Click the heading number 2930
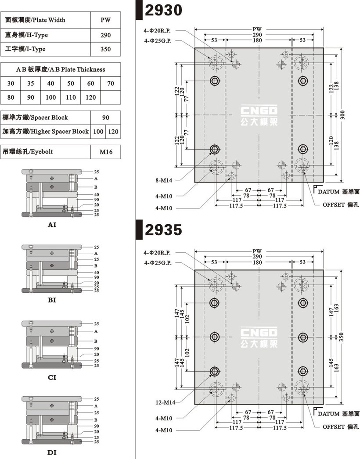(x=163, y=10)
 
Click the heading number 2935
(x=163, y=230)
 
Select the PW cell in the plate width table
(x=105, y=20)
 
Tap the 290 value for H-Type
(x=105, y=35)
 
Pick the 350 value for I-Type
(x=105, y=49)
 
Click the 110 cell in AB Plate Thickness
(x=71, y=97)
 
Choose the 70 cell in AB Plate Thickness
(x=111, y=83)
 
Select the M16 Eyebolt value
(x=106, y=152)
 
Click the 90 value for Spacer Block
(x=105, y=118)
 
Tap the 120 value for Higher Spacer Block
(x=113, y=131)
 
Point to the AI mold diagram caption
(x=52, y=225)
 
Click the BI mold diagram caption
(x=52, y=301)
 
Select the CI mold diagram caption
(x=52, y=377)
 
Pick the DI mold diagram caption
(x=52, y=452)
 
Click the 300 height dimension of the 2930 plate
(x=343, y=115)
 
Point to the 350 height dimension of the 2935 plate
(x=343, y=337)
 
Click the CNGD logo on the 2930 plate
(x=259, y=115)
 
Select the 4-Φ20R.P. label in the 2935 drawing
(x=157, y=253)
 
